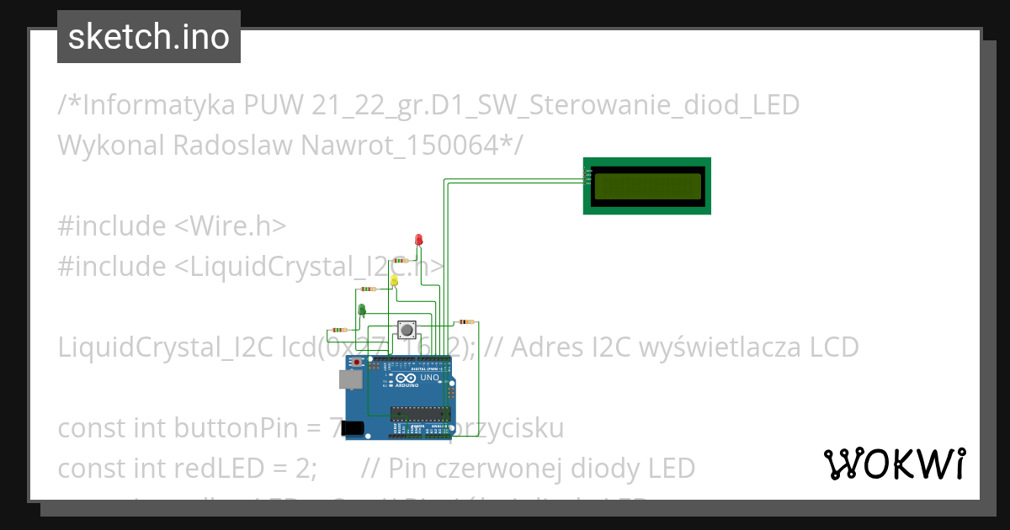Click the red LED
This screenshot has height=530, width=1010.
coord(419,241)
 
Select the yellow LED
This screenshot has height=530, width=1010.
coord(394,280)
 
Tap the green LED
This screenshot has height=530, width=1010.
coord(363,310)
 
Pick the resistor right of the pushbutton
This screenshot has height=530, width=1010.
coord(465,321)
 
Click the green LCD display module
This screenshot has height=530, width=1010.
coord(646,186)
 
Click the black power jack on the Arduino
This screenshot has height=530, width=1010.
coord(353,428)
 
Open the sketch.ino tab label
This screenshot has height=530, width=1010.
coord(149,37)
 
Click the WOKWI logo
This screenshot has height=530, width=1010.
coord(894,464)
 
